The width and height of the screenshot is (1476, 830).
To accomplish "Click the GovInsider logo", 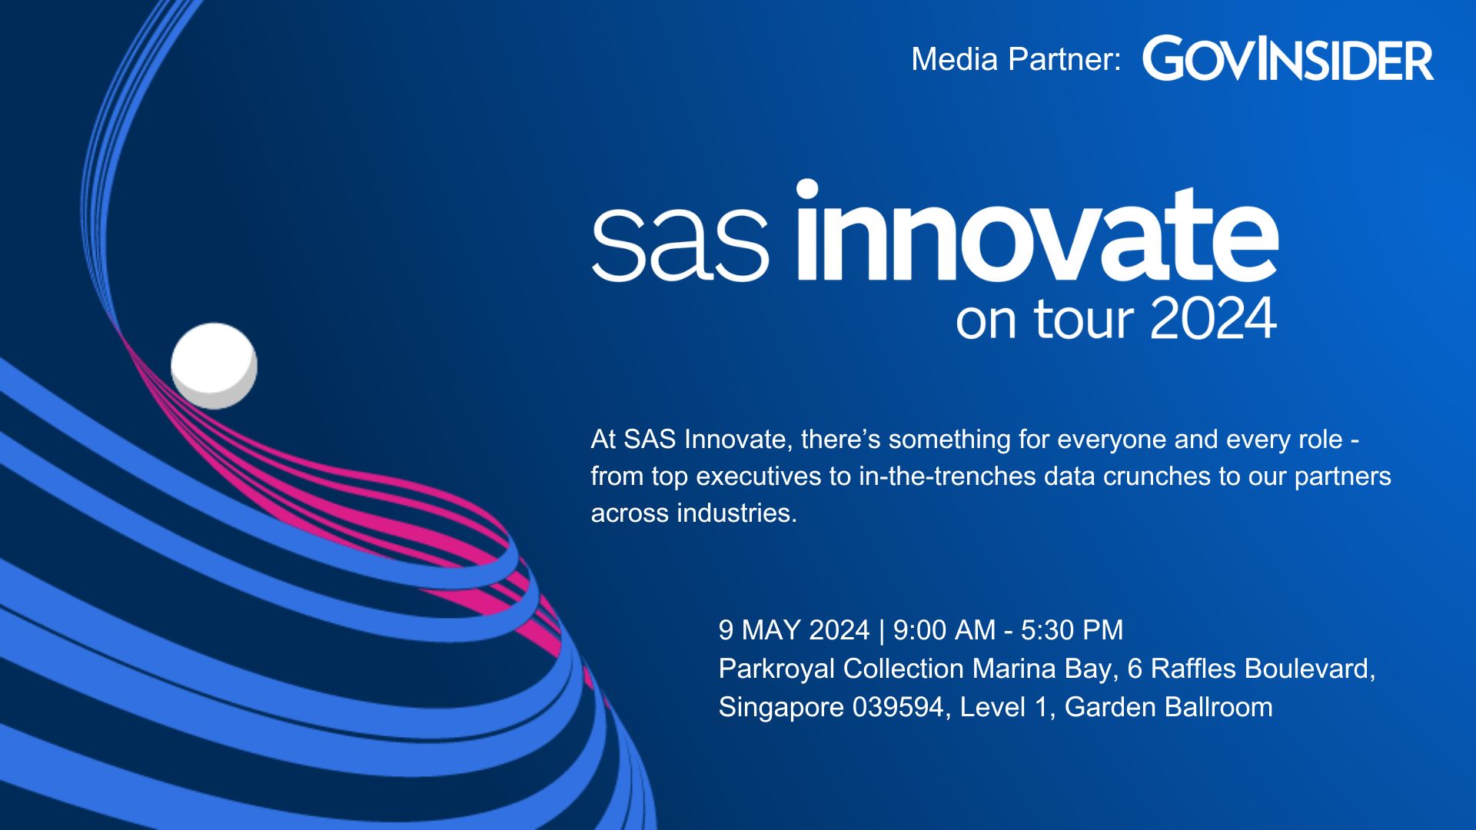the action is point(1288,58).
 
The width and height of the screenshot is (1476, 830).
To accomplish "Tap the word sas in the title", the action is point(680,244).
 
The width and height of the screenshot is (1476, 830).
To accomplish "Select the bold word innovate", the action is point(1037,231).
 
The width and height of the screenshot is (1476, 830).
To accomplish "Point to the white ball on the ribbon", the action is point(214,366).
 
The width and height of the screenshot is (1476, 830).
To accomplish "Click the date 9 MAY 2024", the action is point(794,630).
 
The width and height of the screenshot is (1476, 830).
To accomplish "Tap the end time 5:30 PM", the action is point(1072,630).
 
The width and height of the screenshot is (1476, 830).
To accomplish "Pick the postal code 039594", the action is point(899,707).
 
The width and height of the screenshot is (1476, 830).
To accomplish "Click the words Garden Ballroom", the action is point(1168,707).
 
